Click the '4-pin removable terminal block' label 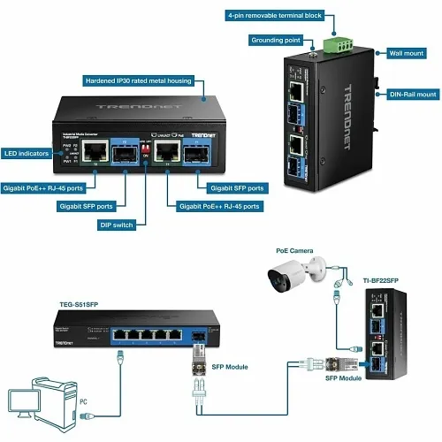coord(275,16)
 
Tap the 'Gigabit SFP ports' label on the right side coord(236,188)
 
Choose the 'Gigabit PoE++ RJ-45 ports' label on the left coord(44,188)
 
